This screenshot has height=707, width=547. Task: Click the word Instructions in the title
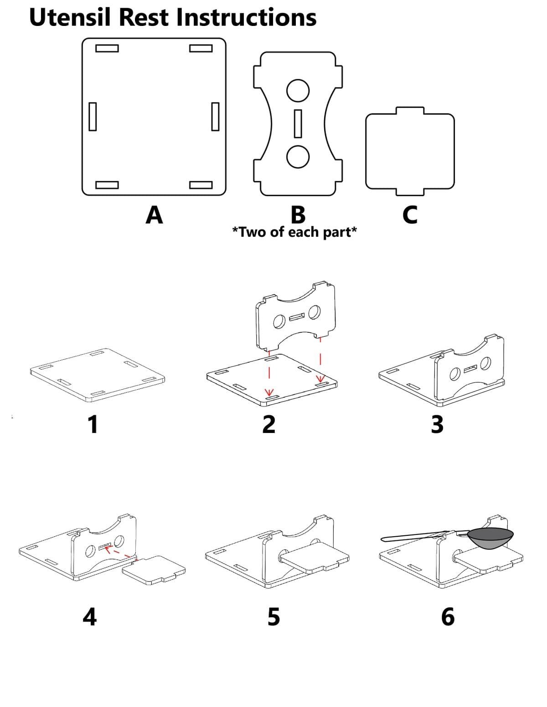click(x=246, y=17)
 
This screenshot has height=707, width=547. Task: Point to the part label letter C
click(x=410, y=214)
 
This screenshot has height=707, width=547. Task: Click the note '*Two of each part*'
click(x=294, y=232)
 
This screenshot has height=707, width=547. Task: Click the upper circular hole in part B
click(x=298, y=91)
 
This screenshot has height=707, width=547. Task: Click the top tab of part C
click(x=410, y=111)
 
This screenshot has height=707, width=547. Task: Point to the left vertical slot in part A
click(x=93, y=117)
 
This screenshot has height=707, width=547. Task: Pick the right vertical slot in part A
click(x=215, y=117)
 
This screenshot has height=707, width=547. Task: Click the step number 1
click(x=93, y=424)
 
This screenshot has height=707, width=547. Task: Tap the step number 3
click(x=437, y=424)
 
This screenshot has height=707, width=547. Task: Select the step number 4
click(x=90, y=617)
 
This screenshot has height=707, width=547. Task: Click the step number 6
click(x=448, y=617)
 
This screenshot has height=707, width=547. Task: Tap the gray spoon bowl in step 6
click(x=490, y=539)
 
